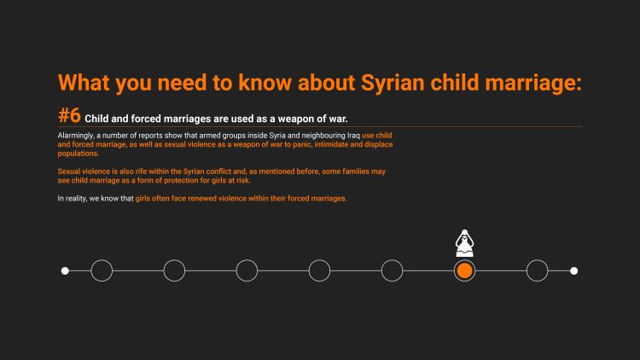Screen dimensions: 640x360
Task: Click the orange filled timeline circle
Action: [464, 270]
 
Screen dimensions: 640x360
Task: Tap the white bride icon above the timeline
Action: [464, 243]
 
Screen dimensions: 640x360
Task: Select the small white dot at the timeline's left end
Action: [65, 270]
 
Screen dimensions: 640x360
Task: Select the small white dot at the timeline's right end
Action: [574, 270]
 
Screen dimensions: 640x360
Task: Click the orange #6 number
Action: [69, 115]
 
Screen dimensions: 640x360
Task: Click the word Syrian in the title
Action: [393, 83]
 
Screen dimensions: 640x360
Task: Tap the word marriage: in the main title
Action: [533, 83]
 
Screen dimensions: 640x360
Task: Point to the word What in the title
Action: [84, 83]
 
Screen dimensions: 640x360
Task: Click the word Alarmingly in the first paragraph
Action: [76, 136]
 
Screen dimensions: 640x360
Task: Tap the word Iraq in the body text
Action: [353, 136]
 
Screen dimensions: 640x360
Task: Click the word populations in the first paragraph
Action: [78, 154]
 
